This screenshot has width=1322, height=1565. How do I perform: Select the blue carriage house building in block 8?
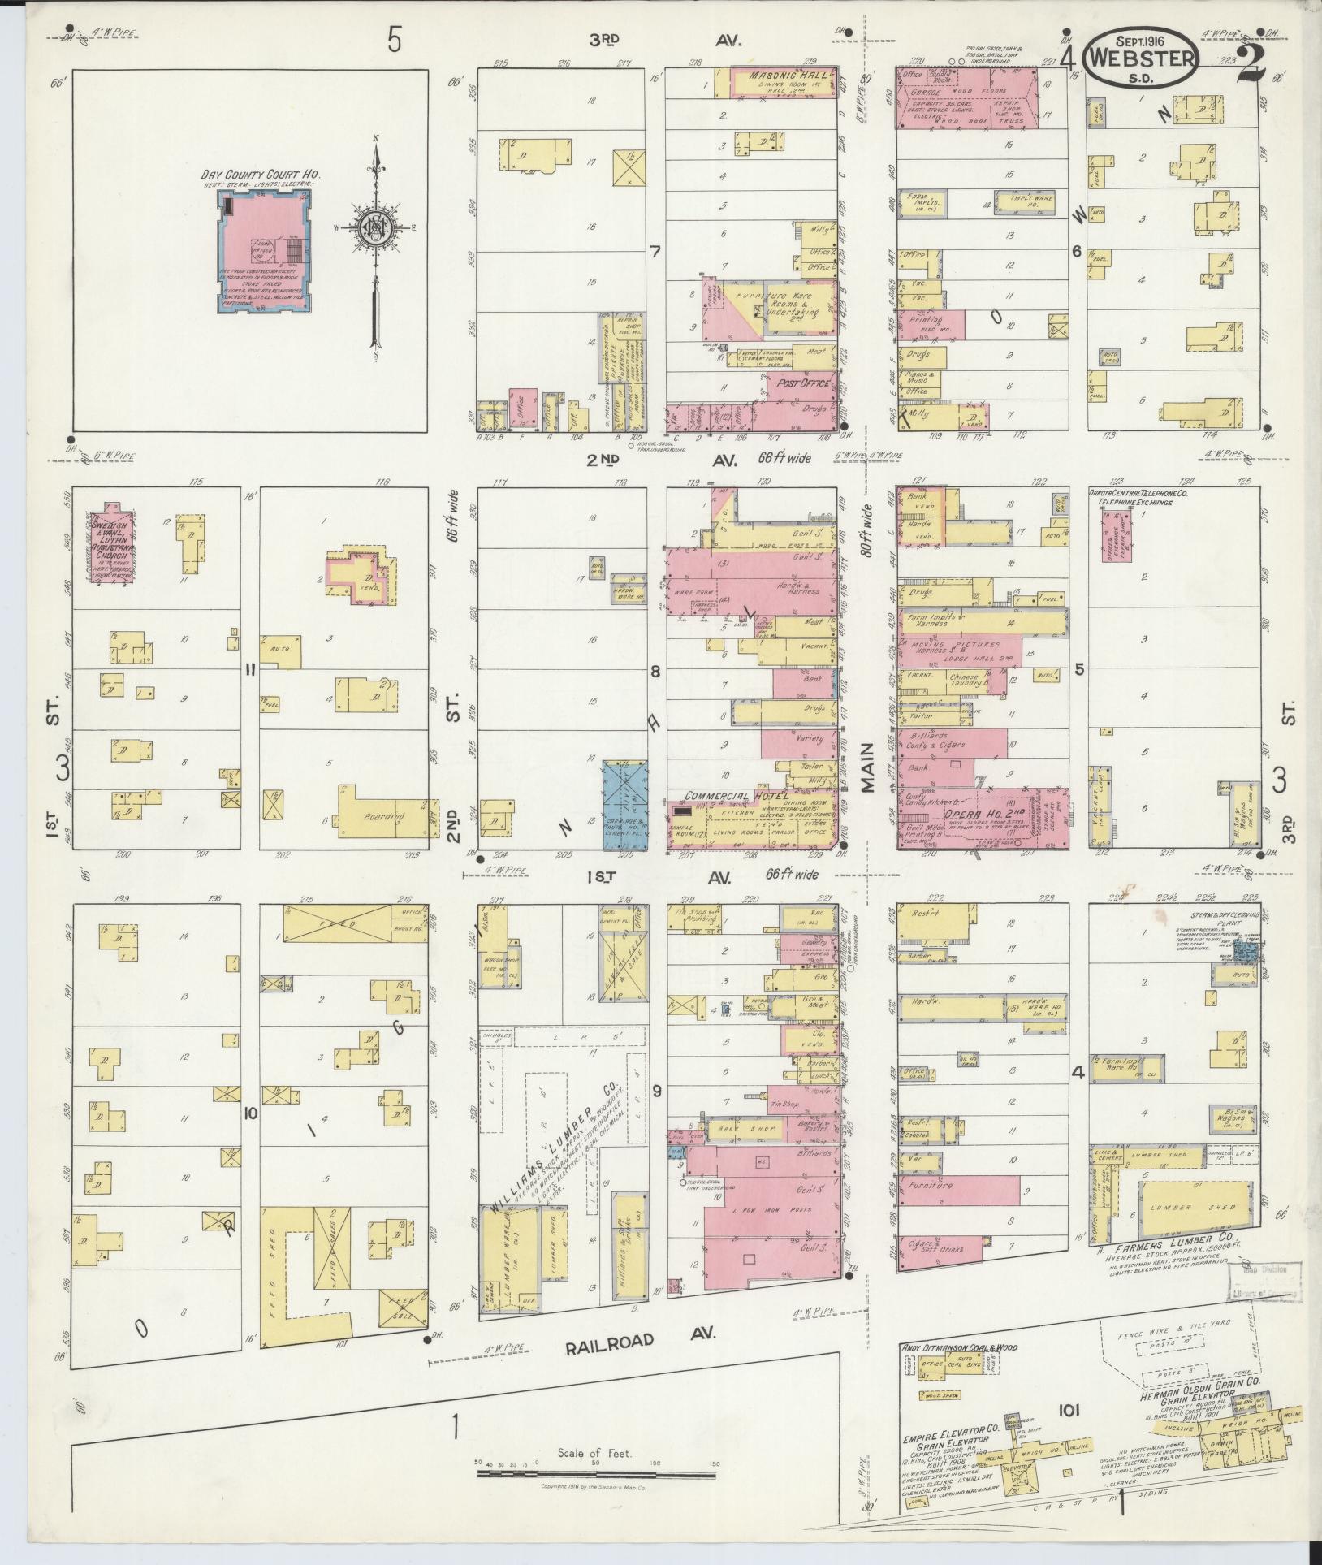pos(624,805)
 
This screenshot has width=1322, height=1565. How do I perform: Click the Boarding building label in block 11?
pos(382,818)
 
